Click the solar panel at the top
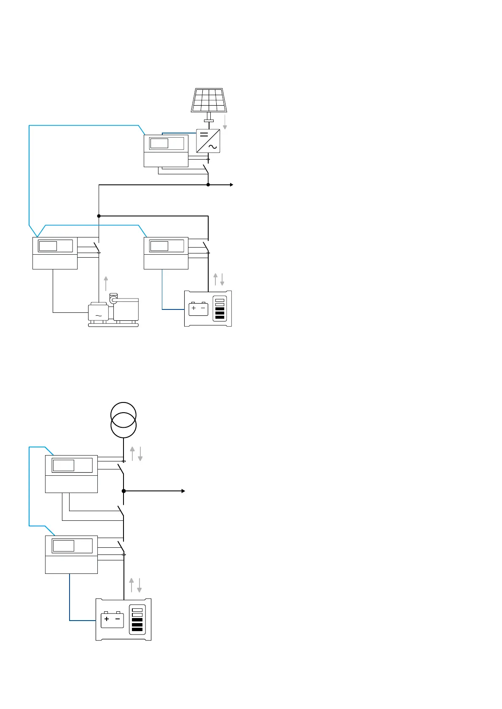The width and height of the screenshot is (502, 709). click(x=209, y=100)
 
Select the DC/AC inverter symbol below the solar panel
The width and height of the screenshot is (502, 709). click(x=208, y=141)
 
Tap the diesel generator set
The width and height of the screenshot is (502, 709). click(x=113, y=312)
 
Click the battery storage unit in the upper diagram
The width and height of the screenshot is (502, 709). click(x=208, y=309)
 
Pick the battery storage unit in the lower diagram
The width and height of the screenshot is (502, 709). click(x=123, y=619)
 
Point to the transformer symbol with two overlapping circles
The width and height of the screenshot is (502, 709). click(x=123, y=420)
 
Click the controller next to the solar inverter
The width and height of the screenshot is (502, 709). click(x=166, y=151)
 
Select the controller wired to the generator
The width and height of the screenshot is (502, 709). click(x=55, y=253)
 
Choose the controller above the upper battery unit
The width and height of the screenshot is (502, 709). click(x=166, y=253)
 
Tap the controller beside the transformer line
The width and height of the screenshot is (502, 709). click(x=71, y=474)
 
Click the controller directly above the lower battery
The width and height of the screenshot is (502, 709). click(x=71, y=554)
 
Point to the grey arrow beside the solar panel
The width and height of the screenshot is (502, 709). click(x=225, y=122)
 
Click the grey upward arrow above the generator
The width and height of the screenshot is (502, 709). click(x=106, y=283)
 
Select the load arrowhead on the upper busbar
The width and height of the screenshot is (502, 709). click(x=231, y=185)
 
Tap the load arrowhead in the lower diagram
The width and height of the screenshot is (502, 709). click(x=183, y=491)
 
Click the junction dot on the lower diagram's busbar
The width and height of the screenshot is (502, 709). click(x=123, y=491)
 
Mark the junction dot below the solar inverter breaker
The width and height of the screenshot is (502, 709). click(x=208, y=185)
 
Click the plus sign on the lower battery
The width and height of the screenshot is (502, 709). click(x=107, y=619)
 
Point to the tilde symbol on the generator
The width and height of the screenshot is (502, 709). click(x=99, y=315)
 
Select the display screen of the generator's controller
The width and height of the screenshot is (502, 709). click(x=48, y=246)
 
